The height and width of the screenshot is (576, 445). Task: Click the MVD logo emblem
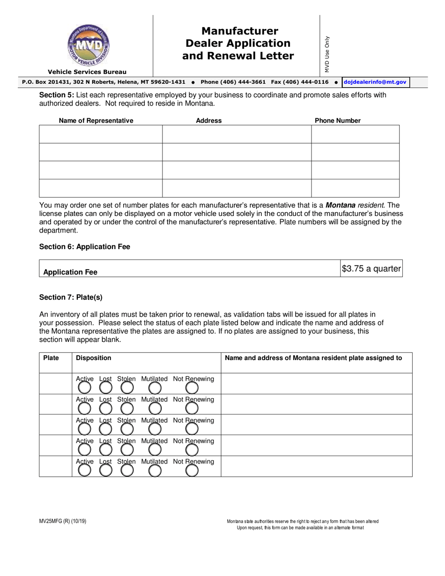88,45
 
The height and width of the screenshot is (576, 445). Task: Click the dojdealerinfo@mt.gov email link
375,82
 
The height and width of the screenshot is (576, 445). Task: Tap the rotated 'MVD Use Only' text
327,54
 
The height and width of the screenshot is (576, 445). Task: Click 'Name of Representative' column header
96,121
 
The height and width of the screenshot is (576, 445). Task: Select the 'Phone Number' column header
338,121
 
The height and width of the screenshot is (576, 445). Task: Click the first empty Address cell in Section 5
237,134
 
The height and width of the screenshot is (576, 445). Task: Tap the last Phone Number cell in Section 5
355,188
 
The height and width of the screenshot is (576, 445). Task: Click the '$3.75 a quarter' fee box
371,269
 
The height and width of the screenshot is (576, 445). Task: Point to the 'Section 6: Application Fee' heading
85,247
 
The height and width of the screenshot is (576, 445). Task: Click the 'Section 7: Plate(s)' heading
71,297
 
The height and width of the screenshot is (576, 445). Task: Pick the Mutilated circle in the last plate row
155,470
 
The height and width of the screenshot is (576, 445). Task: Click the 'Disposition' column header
94,358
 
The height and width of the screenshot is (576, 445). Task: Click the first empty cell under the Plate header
55,384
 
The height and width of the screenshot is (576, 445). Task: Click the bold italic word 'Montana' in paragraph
341,205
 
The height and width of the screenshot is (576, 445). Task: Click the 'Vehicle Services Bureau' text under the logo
87,72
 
